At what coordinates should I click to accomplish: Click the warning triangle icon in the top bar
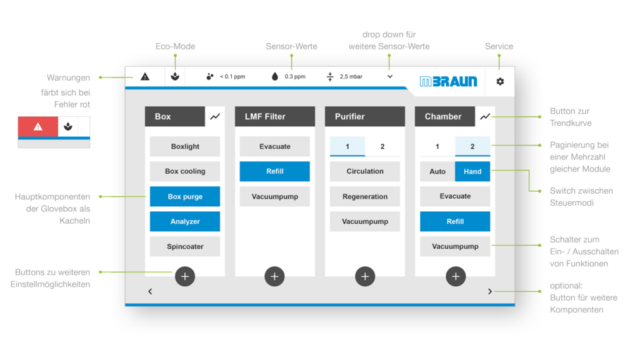(x=145, y=77)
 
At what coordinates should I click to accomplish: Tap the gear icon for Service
(x=500, y=81)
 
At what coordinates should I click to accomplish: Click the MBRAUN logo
(x=448, y=81)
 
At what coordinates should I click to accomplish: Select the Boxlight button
(x=185, y=146)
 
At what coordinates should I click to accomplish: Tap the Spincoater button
(x=185, y=246)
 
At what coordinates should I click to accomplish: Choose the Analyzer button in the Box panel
(x=185, y=221)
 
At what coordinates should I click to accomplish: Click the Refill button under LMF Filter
(x=275, y=171)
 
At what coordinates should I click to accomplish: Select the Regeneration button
(x=365, y=196)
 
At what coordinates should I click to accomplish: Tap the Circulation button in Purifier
(x=365, y=171)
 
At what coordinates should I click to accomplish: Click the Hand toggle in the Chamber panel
(x=472, y=171)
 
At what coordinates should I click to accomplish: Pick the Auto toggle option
(x=437, y=171)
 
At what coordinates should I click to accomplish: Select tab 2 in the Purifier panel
(x=382, y=146)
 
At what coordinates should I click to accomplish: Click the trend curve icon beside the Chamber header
(x=485, y=116)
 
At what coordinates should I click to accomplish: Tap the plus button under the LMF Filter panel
(x=275, y=276)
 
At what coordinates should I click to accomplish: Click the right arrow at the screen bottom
(x=490, y=291)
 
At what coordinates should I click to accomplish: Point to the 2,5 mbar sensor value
(x=351, y=77)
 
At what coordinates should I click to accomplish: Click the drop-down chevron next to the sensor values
(x=390, y=77)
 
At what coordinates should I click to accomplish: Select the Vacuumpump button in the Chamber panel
(x=455, y=246)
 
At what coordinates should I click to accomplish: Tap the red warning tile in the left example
(x=38, y=126)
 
